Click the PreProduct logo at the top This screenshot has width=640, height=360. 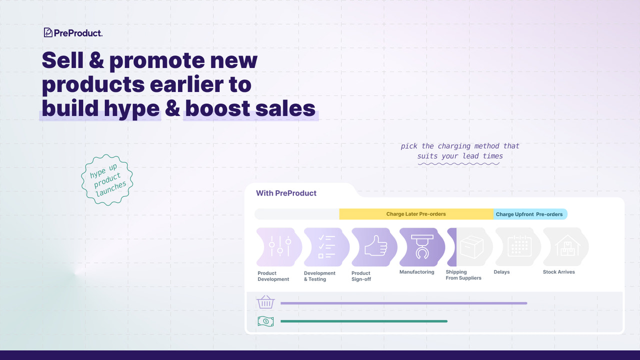click(x=73, y=33)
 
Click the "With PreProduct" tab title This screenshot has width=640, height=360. click(x=286, y=193)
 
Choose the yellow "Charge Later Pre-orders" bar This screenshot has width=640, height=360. click(x=416, y=214)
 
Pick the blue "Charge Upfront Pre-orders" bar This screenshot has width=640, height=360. click(x=529, y=214)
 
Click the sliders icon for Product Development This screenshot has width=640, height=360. click(x=279, y=247)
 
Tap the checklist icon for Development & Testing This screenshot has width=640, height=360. click(x=326, y=247)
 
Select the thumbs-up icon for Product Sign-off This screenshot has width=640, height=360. click(x=375, y=246)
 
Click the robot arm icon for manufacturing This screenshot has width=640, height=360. click(x=422, y=246)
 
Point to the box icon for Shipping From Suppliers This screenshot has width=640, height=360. click(x=471, y=247)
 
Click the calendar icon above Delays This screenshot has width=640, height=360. click(x=518, y=246)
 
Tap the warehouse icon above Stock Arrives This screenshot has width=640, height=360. click(x=566, y=246)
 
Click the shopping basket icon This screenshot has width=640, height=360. click(x=265, y=302)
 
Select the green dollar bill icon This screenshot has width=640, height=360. click(x=265, y=321)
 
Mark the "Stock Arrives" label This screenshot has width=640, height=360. click(x=558, y=272)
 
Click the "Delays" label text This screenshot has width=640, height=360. click(x=501, y=272)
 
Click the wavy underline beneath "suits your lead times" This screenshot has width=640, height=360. click(x=460, y=163)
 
